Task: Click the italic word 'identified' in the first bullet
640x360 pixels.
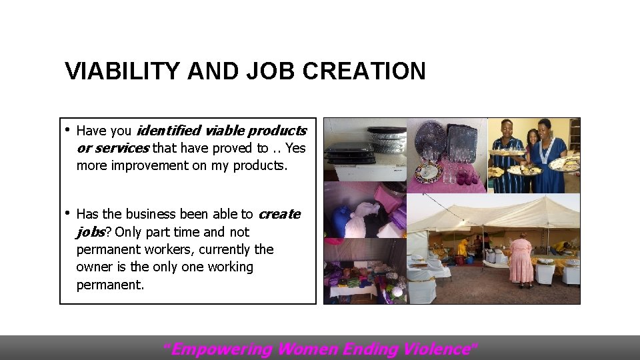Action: [x=167, y=131]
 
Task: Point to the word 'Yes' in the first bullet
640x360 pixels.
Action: [x=295, y=148]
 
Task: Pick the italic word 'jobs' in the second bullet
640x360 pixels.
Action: [x=91, y=232]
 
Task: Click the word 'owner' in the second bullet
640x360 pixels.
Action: [x=94, y=267]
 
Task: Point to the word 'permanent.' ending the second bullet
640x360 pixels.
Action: [x=110, y=285]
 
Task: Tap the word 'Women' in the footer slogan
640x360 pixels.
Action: [x=309, y=349]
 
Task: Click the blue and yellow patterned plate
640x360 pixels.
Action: [x=428, y=173]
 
